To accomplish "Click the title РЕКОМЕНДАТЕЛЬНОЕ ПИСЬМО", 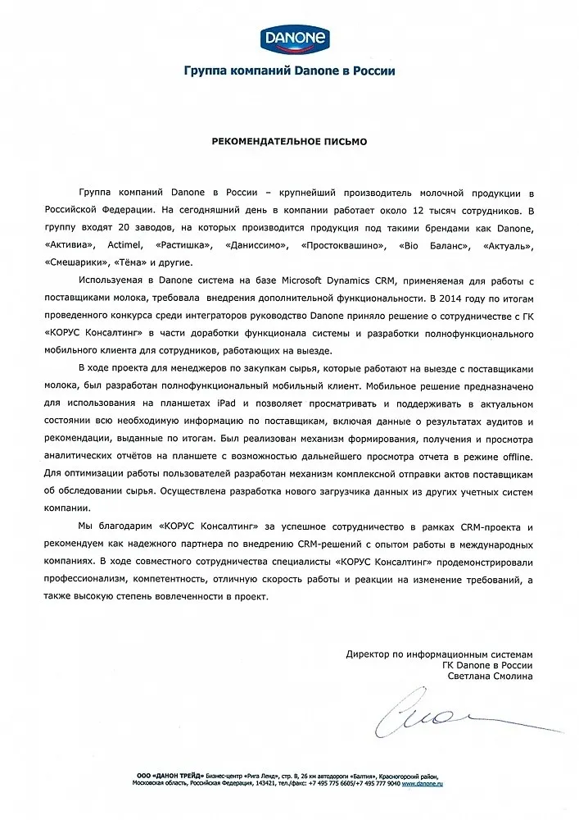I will click(289, 140).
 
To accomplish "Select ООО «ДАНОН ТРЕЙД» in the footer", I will click(170, 775).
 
